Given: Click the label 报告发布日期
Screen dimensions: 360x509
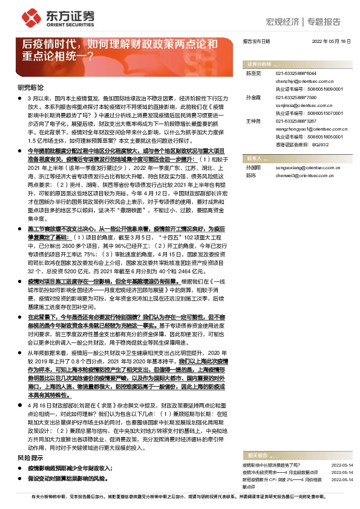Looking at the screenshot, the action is (256, 41).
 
